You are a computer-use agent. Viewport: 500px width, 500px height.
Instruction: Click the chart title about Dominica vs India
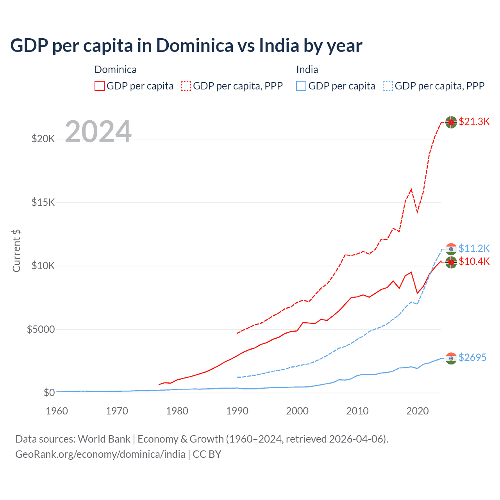(x=186, y=46)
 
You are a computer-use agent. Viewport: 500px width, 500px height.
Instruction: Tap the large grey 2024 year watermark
(x=98, y=132)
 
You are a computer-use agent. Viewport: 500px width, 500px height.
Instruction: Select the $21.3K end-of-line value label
(x=474, y=121)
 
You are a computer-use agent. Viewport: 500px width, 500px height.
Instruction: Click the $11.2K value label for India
(x=474, y=248)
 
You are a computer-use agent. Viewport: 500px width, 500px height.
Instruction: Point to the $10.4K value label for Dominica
(x=474, y=261)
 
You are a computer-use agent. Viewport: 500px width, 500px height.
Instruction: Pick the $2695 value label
(x=472, y=357)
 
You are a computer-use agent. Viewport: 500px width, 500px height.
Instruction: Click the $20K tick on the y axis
(x=43, y=139)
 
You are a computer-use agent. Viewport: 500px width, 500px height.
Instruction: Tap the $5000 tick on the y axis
(x=41, y=329)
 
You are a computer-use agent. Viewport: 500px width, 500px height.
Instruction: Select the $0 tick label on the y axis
(x=49, y=393)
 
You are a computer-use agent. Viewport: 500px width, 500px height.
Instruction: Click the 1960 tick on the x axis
(x=57, y=411)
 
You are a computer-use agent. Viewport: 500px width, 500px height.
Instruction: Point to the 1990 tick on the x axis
(x=237, y=411)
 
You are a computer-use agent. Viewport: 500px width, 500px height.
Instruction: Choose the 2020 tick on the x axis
(x=417, y=411)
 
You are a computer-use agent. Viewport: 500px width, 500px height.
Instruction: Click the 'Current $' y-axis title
(x=16, y=251)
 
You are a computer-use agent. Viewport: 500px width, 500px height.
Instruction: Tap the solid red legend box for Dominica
(x=100, y=86)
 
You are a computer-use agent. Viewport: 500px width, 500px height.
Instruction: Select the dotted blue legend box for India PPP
(x=388, y=86)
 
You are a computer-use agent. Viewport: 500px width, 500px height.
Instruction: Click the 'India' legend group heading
(x=307, y=70)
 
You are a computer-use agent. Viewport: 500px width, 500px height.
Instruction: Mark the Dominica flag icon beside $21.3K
(x=451, y=122)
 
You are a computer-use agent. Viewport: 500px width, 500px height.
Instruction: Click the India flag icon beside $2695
(x=451, y=358)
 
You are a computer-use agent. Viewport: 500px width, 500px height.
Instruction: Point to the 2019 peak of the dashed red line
(x=411, y=189)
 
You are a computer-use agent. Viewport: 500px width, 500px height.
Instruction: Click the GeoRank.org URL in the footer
(x=100, y=454)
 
